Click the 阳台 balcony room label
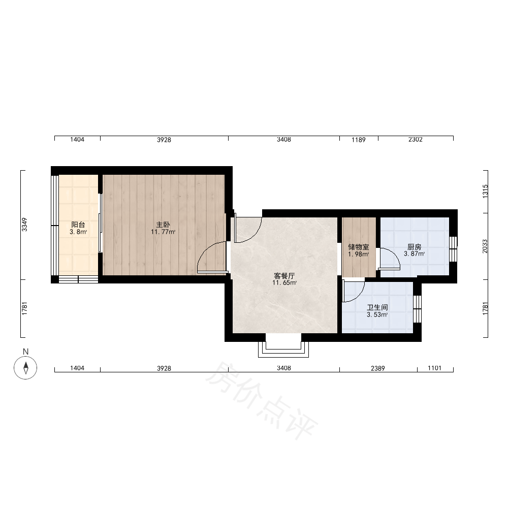[78, 225]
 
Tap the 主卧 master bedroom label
[163, 225]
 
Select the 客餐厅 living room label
[284, 276]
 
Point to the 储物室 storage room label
[358, 247]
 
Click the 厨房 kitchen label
[415, 247]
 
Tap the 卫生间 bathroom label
[377, 307]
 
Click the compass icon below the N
[25, 367]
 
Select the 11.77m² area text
[163, 232]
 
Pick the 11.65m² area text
[284, 283]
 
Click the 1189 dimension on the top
[358, 140]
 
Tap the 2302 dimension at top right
[416, 139]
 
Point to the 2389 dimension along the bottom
[378, 368]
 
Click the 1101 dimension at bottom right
[434, 368]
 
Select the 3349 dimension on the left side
[24, 225]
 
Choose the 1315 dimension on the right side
[485, 191]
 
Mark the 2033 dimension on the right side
[485, 246]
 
